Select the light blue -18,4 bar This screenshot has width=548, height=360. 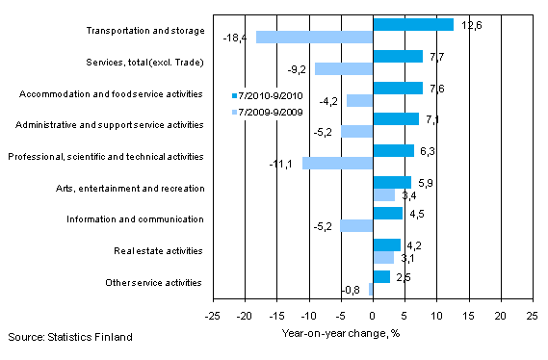[x=313, y=38]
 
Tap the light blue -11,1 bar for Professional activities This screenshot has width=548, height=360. [x=337, y=163]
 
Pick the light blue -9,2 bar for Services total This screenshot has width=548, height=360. [x=343, y=69]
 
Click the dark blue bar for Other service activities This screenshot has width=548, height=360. [x=380, y=276]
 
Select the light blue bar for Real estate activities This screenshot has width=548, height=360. [x=382, y=258]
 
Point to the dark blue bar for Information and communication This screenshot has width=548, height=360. [x=387, y=214]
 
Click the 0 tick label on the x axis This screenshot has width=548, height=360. [x=373, y=315]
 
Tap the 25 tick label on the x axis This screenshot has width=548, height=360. [x=532, y=315]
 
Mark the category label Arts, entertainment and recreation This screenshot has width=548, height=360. [x=135, y=189]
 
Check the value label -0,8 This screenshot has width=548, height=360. [x=353, y=291]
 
